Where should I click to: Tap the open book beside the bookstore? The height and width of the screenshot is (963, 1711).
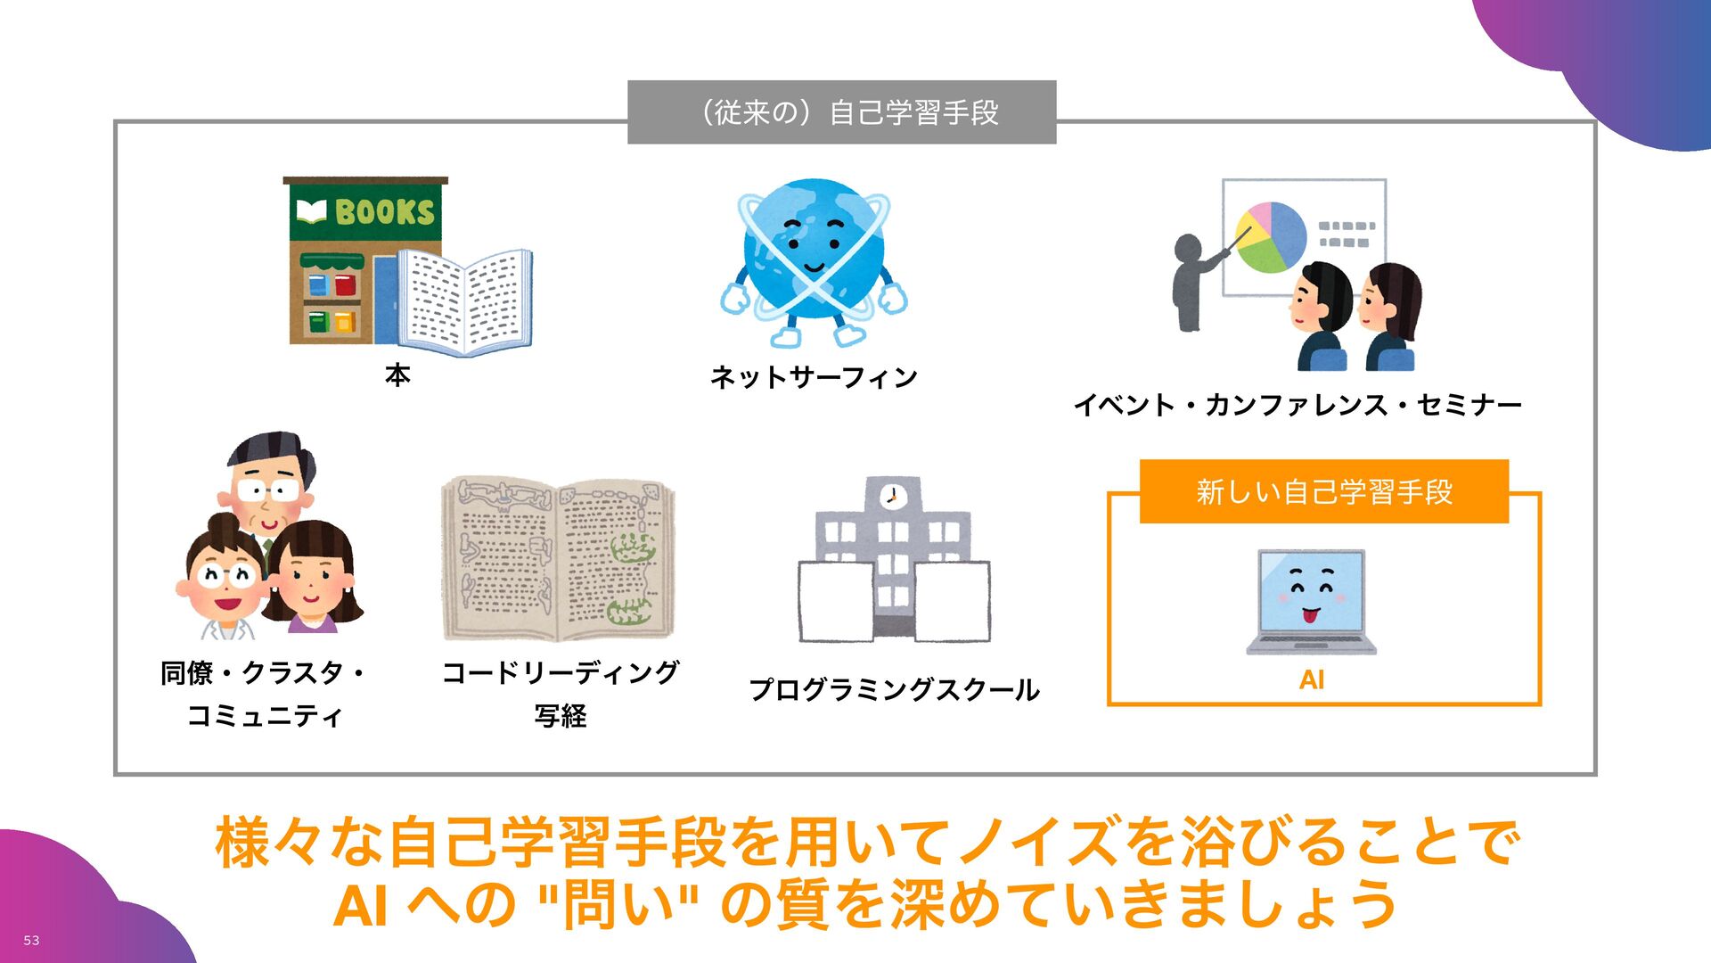coord(464,301)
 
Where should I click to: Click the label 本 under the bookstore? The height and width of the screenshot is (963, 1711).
coord(397,375)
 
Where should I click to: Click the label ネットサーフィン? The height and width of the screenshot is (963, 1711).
coord(814,378)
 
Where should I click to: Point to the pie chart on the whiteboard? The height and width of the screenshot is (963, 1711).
coord(1271,237)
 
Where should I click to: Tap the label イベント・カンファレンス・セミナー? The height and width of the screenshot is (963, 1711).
coord(1298,406)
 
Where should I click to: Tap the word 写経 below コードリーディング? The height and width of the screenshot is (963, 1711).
coord(560,716)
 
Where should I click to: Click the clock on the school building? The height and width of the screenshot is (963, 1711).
coord(892,496)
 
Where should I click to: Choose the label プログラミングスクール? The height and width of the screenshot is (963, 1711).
coord(894,690)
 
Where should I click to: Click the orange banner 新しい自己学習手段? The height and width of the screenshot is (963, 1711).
coord(1323,491)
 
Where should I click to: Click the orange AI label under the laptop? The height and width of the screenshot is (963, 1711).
coord(1312,680)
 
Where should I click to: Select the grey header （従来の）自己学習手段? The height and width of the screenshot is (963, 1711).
coord(841,112)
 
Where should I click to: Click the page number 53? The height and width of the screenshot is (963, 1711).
coord(31,941)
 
